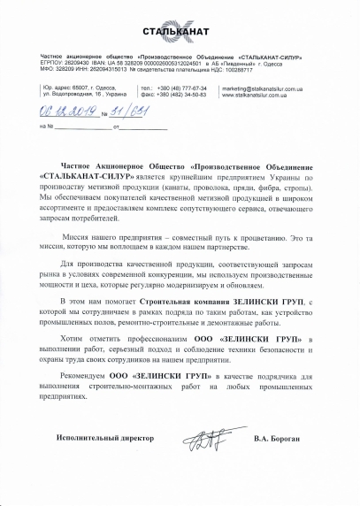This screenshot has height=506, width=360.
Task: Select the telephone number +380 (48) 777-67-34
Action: [182, 89]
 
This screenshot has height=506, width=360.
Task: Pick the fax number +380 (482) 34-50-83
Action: [183, 96]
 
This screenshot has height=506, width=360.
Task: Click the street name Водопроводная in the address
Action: [77, 96]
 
